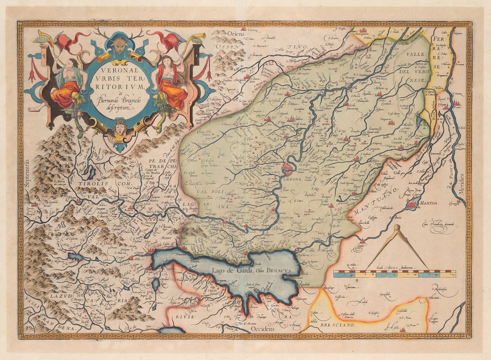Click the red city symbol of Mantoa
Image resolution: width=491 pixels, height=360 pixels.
[x=412, y=205]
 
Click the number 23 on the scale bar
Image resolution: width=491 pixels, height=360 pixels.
[x=454, y=275]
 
